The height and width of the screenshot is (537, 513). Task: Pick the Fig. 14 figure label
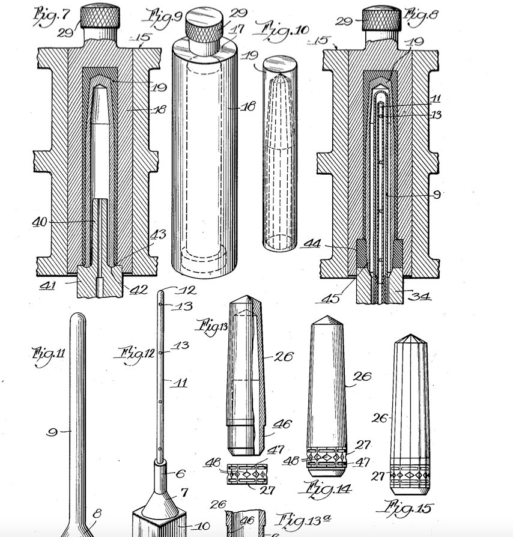328,490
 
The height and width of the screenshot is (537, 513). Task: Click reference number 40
40,222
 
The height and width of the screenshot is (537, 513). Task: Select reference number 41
47,285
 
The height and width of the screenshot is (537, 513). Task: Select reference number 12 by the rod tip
187,291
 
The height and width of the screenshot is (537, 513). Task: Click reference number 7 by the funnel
184,493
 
